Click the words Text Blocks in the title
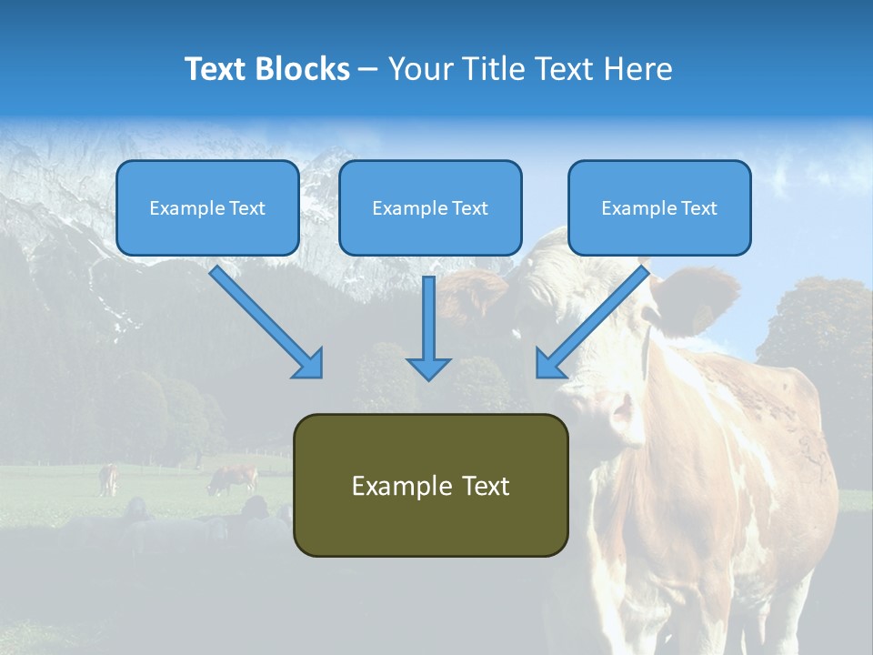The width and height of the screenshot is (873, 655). pyautogui.click(x=266, y=69)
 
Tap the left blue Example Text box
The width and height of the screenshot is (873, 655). pyautogui.click(x=207, y=208)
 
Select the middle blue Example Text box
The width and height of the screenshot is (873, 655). pyautogui.click(x=430, y=208)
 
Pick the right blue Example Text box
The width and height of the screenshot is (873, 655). pyautogui.click(x=659, y=208)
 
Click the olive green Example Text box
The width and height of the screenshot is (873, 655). pyautogui.click(x=430, y=486)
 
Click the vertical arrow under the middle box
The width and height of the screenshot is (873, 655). pyautogui.click(x=428, y=318)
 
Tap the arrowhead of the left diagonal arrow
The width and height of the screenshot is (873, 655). pyautogui.click(x=309, y=364)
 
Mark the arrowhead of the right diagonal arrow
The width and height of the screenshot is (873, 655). pyautogui.click(x=549, y=364)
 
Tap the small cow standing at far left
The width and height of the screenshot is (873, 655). pyautogui.click(x=108, y=479)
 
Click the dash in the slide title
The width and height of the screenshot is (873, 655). pyautogui.click(x=368, y=69)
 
